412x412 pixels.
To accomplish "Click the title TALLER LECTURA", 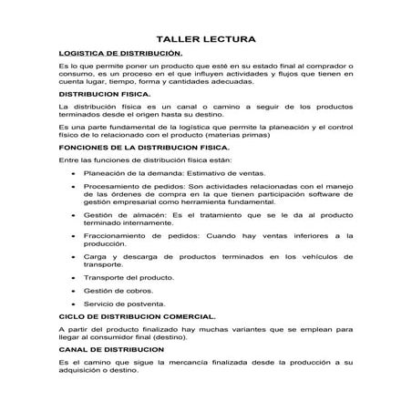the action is click(205, 39).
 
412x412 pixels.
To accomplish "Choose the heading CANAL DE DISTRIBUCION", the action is click(110, 349).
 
